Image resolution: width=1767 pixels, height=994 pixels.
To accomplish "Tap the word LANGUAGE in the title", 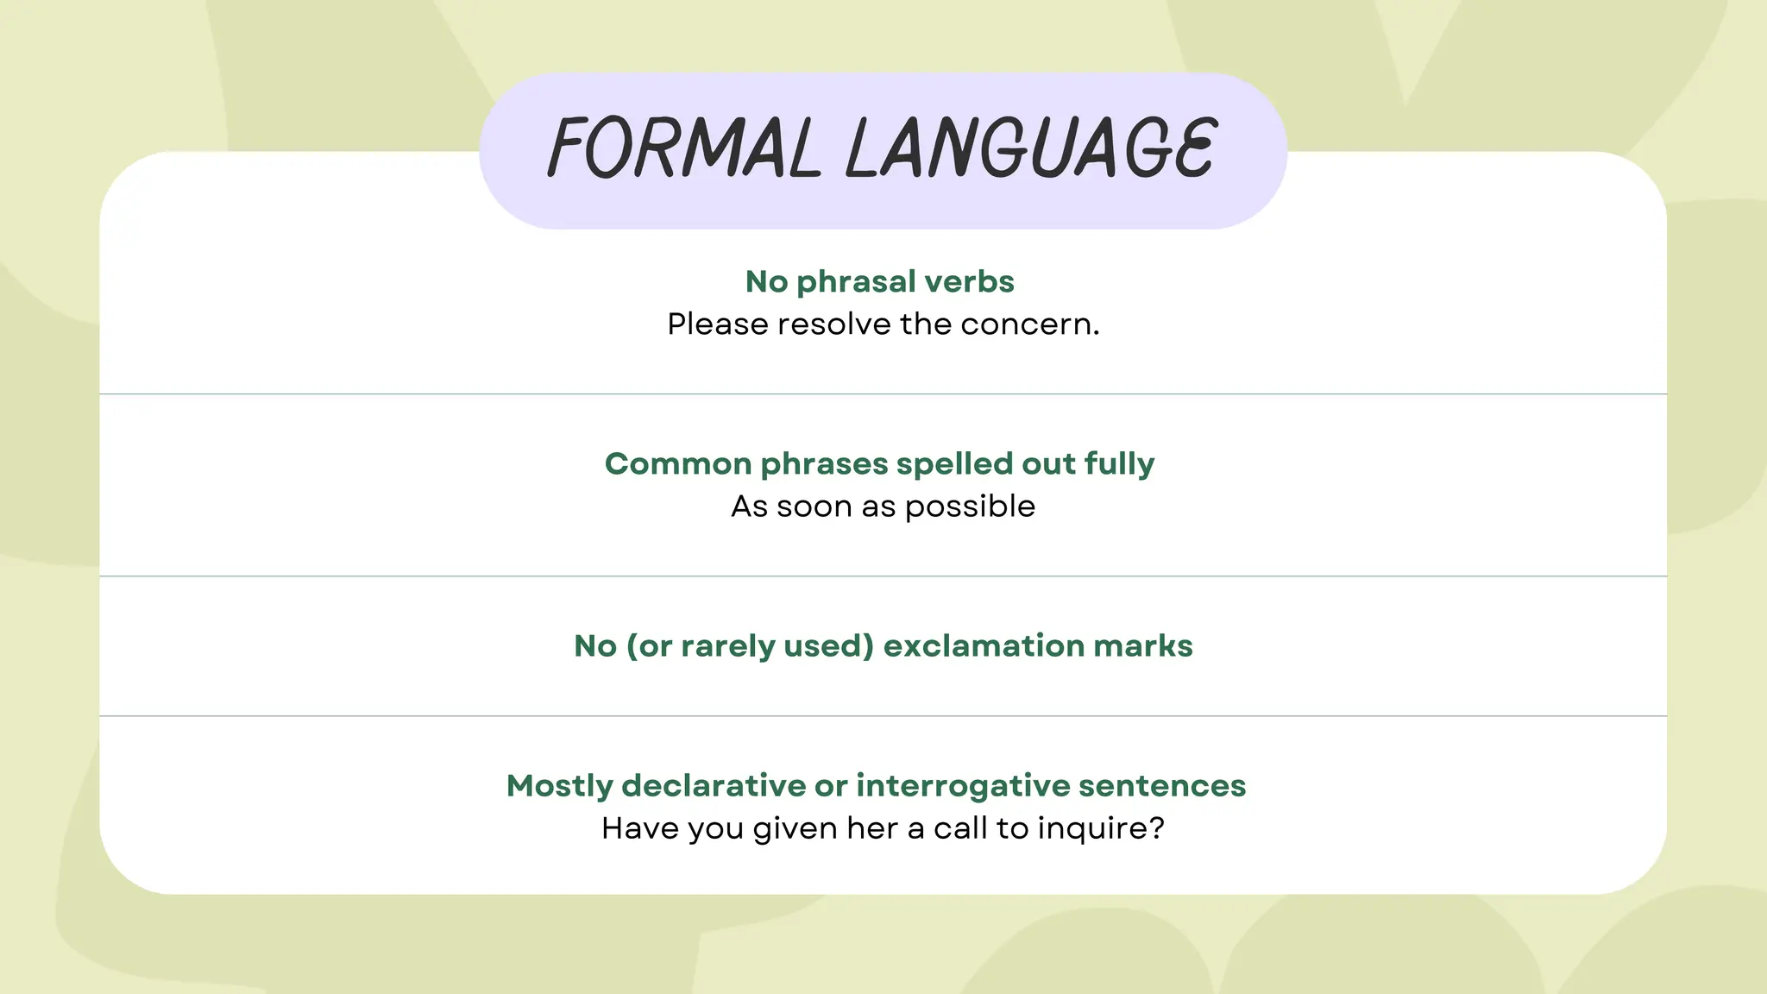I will [1031, 148].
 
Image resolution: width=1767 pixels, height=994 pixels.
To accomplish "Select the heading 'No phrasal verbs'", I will [879, 281].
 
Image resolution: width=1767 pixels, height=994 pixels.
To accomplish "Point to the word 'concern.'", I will [1030, 324].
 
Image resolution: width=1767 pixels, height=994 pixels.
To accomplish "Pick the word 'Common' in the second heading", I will [678, 464].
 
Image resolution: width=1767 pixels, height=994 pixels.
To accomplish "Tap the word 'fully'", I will [1119, 464].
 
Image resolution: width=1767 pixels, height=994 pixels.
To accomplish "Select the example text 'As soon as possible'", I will [883, 506].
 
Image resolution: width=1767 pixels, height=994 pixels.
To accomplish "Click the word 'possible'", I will [970, 506].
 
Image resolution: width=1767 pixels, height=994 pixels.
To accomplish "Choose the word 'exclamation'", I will [984, 646].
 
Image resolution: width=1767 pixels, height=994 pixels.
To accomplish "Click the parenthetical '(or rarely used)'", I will [750, 646].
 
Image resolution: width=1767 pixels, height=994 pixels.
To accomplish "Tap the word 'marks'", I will [1142, 646].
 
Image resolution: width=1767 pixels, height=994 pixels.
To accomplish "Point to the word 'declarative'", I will [713, 786].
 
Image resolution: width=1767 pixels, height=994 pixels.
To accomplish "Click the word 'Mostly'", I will [559, 786].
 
